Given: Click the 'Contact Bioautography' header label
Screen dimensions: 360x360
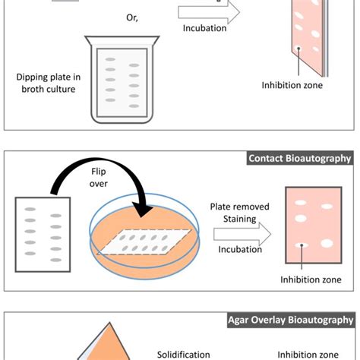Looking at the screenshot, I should (299, 159).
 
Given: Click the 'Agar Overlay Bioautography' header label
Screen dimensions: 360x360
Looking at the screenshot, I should (292, 320).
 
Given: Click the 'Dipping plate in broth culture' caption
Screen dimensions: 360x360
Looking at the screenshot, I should (47, 82).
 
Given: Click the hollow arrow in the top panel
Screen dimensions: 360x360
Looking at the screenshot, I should (209, 11).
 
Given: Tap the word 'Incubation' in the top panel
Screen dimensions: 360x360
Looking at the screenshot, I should (204, 29).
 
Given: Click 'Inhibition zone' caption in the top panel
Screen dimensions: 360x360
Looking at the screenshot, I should (292, 85).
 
